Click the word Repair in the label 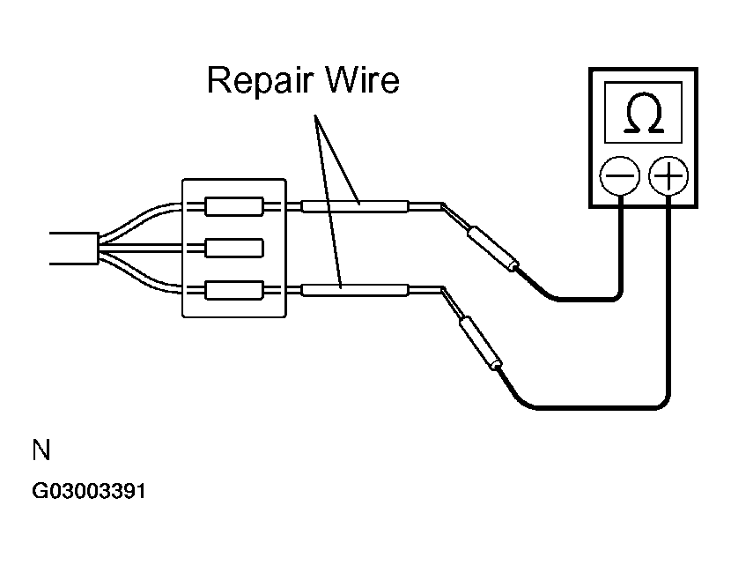[x=259, y=80]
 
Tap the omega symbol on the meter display [x=643, y=113]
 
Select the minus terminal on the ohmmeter [x=619, y=176]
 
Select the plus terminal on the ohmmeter [x=668, y=176]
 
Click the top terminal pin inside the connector [x=234, y=206]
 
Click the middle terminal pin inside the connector [x=234, y=249]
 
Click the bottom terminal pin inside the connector [x=234, y=290]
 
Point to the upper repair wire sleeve [x=355, y=205]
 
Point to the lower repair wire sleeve [x=355, y=290]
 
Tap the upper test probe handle [x=493, y=248]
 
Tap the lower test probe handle [x=481, y=343]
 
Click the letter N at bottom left [x=41, y=450]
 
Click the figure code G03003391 [x=89, y=491]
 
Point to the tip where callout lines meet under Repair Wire [x=315, y=115]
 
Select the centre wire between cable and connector [x=140, y=249]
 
